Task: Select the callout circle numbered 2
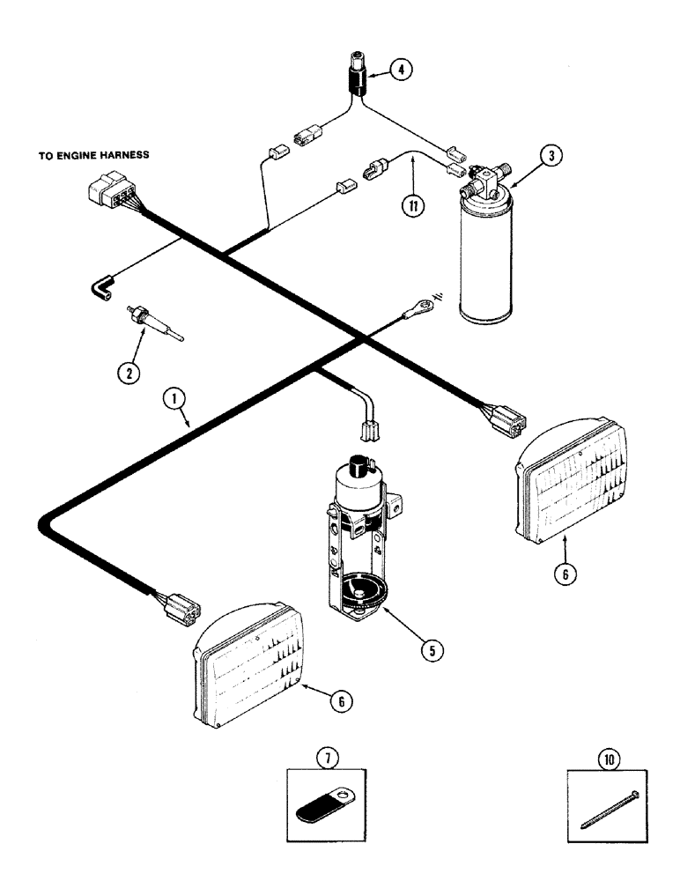coord(129,373)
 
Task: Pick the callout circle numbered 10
coord(608,755)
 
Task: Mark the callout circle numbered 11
coord(410,205)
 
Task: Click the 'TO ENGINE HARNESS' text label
coord(93,153)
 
